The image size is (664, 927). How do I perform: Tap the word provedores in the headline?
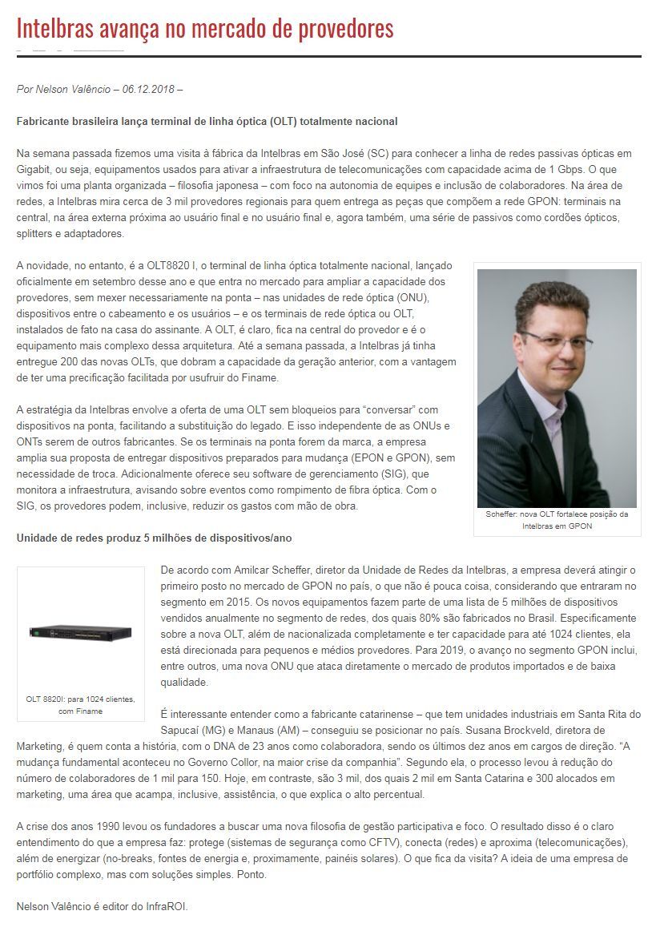348,30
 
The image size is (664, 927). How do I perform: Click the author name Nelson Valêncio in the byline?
73,89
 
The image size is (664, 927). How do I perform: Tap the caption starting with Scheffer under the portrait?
557,520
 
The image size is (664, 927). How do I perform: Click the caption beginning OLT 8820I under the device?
80,704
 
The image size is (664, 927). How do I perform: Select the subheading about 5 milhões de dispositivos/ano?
160,538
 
